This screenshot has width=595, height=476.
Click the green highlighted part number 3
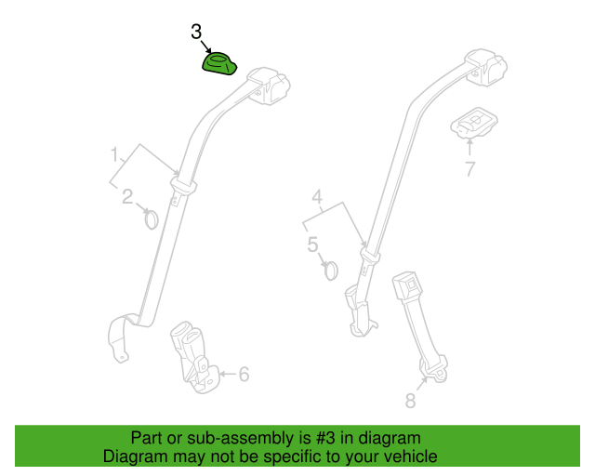[x=219, y=64]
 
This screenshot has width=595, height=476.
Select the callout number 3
[x=196, y=32]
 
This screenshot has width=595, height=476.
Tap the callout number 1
[x=114, y=154]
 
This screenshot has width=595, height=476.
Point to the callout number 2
[x=127, y=196]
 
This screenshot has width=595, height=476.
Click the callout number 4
[x=317, y=197]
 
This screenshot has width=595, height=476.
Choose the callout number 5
[x=312, y=245]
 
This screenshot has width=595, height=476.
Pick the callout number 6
[x=244, y=375]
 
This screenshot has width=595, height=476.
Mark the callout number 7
[x=470, y=169]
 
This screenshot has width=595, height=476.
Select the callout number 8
[x=411, y=401]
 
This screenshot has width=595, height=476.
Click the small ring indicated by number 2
[x=151, y=219]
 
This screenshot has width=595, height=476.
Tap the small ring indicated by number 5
[x=331, y=271]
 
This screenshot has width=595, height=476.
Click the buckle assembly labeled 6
[x=194, y=358]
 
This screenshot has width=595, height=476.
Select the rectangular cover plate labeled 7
[x=474, y=123]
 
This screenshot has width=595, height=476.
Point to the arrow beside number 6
[x=228, y=374]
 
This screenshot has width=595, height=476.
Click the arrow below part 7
[x=469, y=147]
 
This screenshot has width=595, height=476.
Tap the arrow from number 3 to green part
[x=205, y=46]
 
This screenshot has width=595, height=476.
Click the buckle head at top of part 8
[x=407, y=284]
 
